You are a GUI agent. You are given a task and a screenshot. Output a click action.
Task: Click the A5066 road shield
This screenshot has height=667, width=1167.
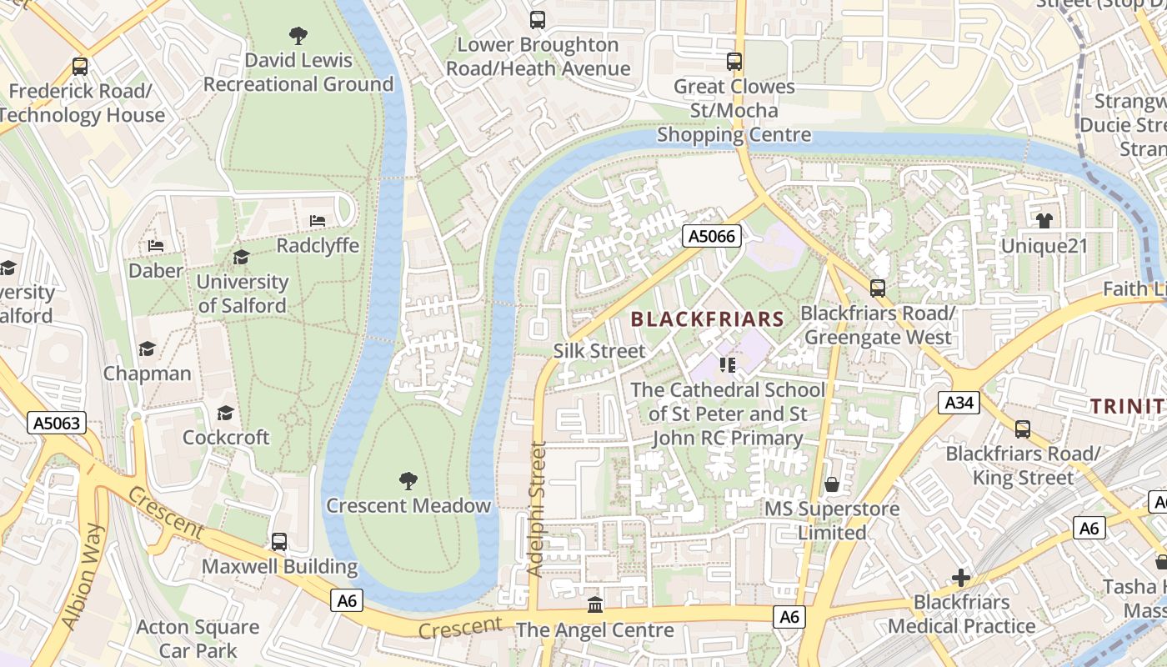tap(712, 237)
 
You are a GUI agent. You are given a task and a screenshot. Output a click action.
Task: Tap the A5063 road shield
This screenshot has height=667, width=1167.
tap(58, 423)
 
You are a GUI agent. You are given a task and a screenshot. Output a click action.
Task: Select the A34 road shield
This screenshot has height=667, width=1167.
tap(959, 404)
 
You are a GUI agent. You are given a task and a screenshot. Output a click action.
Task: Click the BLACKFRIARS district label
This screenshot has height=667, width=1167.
tap(707, 318)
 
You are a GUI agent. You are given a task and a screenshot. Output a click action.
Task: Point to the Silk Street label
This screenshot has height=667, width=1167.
tap(599, 351)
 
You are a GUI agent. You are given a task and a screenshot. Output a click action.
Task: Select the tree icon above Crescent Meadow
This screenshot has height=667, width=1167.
tap(408, 480)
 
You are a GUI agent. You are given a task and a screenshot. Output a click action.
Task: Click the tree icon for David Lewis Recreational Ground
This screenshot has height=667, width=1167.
tap(298, 35)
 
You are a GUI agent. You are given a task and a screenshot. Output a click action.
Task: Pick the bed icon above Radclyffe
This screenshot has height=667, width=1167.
tap(318, 221)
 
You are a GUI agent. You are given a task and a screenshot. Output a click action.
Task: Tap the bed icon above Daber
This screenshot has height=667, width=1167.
tap(156, 246)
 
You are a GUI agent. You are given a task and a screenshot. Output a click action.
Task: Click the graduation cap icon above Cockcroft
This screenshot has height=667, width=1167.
tap(225, 413)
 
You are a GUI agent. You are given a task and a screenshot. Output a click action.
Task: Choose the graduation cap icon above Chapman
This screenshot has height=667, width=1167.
tap(147, 349)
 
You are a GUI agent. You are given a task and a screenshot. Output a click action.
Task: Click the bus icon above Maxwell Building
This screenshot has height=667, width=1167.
tap(279, 542)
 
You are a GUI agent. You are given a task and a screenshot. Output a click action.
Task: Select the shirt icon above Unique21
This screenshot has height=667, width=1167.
tap(1044, 221)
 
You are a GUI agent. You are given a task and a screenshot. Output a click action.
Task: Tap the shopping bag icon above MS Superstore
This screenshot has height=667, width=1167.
tap(831, 484)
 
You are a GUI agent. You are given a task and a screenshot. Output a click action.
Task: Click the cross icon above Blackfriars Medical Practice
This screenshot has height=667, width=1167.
tap(961, 577)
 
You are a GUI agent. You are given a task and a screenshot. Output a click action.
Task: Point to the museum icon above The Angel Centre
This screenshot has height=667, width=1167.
tap(594, 604)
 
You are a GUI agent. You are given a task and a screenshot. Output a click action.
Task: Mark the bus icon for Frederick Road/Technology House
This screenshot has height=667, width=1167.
tap(80, 66)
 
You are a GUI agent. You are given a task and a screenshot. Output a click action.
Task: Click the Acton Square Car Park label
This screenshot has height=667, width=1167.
tap(198, 639)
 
